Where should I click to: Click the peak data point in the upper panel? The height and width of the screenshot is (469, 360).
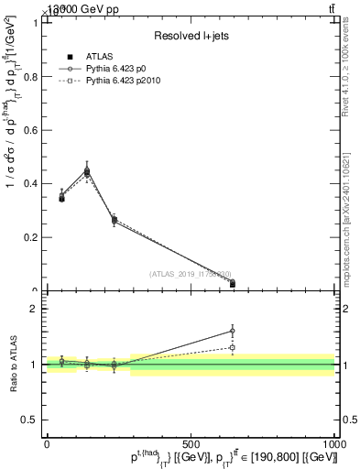click(86, 172)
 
